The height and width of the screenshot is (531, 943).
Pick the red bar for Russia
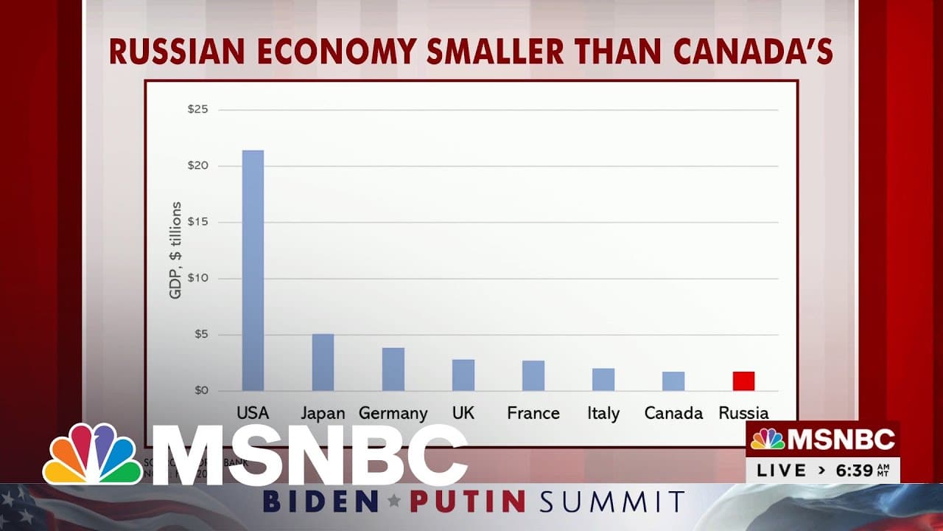click(x=743, y=381)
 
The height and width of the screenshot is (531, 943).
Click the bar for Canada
click(x=673, y=381)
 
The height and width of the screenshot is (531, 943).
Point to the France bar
click(x=533, y=375)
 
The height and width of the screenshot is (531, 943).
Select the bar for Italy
click(x=603, y=379)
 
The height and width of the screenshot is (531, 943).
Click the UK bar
click(x=463, y=375)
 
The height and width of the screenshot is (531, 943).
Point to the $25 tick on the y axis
click(x=198, y=110)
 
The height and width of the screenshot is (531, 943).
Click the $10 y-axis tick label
click(x=198, y=279)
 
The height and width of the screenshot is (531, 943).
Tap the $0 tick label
click(x=201, y=390)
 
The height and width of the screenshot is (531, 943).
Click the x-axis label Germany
click(x=393, y=413)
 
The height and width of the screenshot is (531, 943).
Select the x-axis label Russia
click(x=743, y=413)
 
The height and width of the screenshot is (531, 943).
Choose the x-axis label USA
click(x=253, y=413)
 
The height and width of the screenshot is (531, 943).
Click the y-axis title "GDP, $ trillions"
click(x=176, y=250)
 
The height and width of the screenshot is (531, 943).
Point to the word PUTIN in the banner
click(x=468, y=502)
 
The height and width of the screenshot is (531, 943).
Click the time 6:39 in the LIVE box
click(x=855, y=470)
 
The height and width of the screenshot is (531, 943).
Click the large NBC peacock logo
click(x=92, y=455)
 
